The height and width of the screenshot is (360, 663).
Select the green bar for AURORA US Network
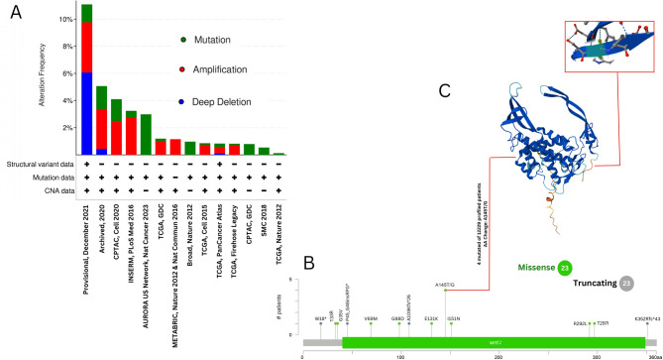point(146,134)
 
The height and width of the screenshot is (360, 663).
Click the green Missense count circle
point(564,267)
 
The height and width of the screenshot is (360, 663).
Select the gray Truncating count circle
point(626,285)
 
